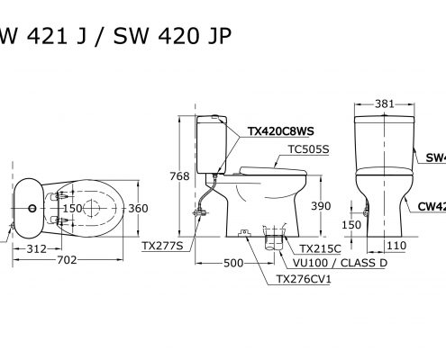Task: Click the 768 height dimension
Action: pyautogui.click(x=180, y=176)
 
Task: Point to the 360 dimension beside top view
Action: pyautogui.click(x=138, y=209)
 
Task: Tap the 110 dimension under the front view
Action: pyautogui.click(x=393, y=245)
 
